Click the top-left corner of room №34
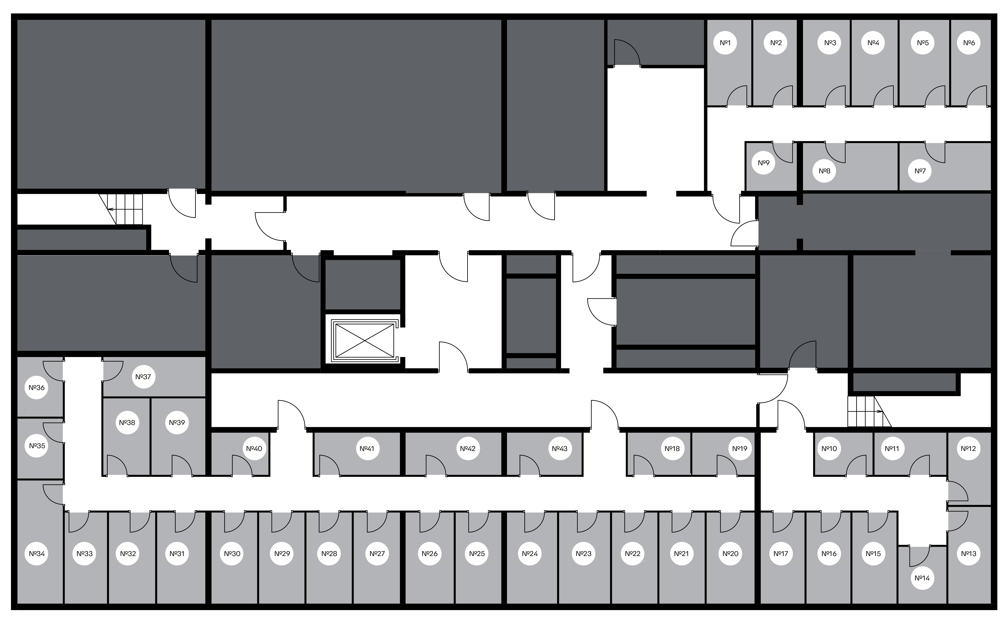(x=17, y=480)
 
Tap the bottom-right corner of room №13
(x=991, y=604)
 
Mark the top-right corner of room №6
(x=991, y=20)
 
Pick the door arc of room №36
(x=53, y=371)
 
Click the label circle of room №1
(x=725, y=43)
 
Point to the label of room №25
(x=477, y=554)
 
